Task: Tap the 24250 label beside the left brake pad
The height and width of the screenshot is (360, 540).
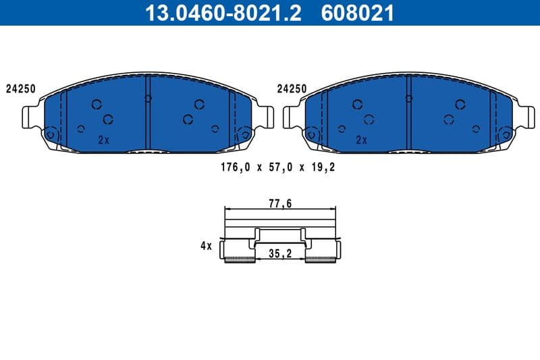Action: [x=21, y=88]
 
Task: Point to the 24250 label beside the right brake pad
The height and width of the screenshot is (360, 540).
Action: [x=292, y=88]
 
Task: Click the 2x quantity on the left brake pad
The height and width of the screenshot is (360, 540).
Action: [x=103, y=140]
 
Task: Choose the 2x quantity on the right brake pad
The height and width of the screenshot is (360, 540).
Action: [x=361, y=140]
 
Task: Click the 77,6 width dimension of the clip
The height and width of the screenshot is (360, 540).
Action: [x=279, y=202]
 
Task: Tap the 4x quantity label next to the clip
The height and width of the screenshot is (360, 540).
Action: [x=206, y=247]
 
